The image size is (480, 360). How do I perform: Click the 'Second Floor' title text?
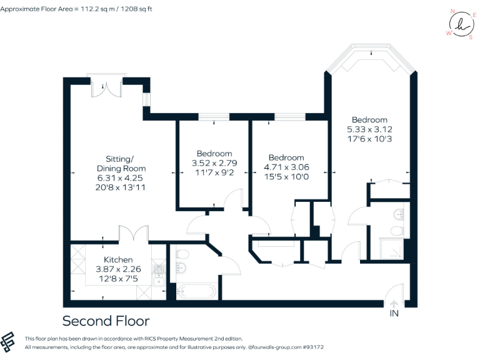(x=106, y=321)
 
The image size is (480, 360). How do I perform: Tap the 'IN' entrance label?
(x=394, y=312)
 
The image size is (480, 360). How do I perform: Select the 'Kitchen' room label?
(x=118, y=259)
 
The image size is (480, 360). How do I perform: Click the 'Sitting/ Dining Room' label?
(x=121, y=164)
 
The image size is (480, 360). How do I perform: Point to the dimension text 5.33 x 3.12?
(x=369, y=129)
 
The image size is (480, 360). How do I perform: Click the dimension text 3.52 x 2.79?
(x=214, y=163)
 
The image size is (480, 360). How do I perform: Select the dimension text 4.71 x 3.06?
(x=286, y=167)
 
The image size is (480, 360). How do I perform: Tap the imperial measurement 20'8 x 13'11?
(x=121, y=187)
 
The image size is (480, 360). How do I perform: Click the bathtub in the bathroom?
(x=196, y=291)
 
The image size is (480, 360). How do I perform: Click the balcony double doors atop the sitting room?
(x=104, y=88)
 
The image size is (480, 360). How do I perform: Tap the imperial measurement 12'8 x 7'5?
(x=118, y=278)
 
